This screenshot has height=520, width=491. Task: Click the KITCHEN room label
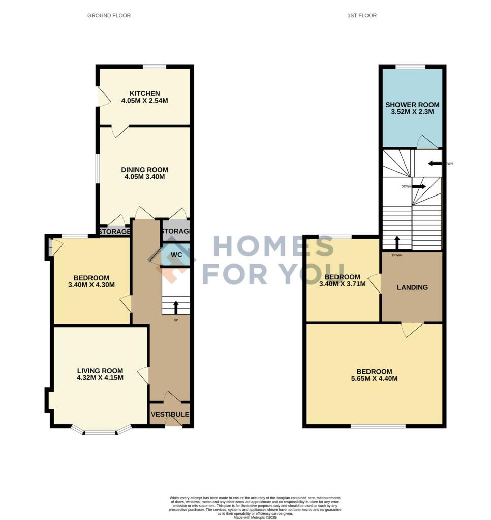click(144, 93)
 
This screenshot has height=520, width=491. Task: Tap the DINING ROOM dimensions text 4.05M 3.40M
click(144, 177)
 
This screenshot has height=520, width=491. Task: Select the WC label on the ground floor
click(176, 254)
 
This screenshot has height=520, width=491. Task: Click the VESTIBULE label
click(170, 415)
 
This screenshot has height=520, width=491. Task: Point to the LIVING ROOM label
click(100, 370)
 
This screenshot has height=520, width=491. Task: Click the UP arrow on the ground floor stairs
click(176, 307)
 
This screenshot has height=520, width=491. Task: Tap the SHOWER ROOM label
click(412, 105)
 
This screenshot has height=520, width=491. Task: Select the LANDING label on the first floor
click(412, 287)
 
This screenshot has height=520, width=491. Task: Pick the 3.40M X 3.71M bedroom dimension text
click(343, 284)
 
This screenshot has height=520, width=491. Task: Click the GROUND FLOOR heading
click(109, 16)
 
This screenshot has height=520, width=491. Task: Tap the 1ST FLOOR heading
click(362, 16)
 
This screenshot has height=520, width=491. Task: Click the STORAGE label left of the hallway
click(114, 232)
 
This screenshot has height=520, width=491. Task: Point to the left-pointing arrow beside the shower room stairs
click(435, 164)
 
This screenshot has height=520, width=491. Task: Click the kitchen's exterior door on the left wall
click(103, 96)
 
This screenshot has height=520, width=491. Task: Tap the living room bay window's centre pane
click(100, 433)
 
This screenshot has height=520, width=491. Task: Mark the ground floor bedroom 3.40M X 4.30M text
click(91, 285)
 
